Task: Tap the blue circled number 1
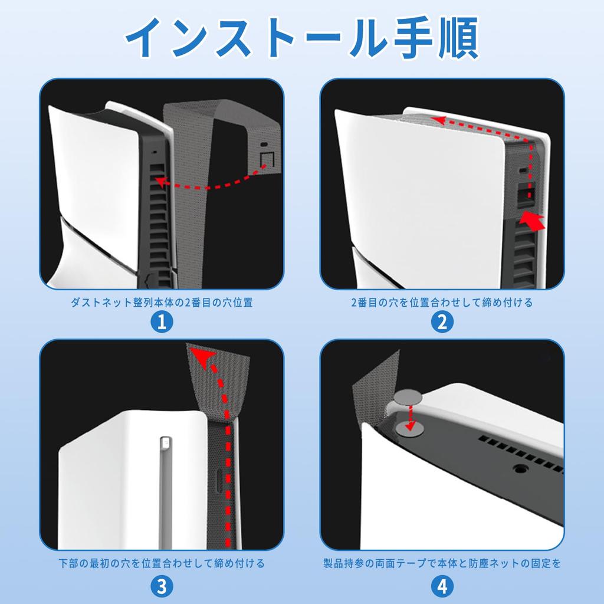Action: (162, 321)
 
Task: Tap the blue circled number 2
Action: (441, 321)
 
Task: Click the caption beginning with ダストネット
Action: (162, 303)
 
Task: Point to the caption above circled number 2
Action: (441, 303)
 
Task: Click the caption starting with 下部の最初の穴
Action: (162, 563)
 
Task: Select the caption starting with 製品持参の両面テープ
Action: (441, 563)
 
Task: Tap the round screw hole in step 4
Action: (520, 470)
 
